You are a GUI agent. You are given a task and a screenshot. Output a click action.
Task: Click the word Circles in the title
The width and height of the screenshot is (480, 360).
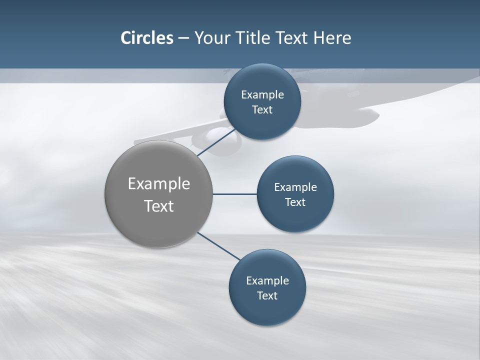(147, 38)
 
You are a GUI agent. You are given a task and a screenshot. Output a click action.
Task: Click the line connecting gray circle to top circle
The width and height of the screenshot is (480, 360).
(216, 142)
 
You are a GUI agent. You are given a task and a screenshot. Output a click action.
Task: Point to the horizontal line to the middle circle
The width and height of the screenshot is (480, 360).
(234, 194)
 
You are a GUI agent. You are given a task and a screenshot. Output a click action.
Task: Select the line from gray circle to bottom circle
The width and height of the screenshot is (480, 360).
(218, 245)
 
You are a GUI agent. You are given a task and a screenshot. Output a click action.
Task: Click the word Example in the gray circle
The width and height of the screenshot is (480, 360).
(159, 184)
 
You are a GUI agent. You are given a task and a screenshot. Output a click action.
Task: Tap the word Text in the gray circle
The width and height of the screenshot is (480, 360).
(159, 206)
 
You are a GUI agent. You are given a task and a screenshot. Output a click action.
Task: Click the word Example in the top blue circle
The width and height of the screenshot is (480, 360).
(262, 95)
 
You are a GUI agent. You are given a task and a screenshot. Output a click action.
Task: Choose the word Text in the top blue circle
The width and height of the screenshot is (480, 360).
(262, 110)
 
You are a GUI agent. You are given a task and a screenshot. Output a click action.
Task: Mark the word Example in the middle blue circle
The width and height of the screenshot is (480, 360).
(295, 187)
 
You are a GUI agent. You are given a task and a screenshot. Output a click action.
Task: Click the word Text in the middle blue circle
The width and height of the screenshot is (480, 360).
(295, 202)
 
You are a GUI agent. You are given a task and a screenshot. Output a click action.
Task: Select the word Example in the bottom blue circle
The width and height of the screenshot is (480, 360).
(267, 281)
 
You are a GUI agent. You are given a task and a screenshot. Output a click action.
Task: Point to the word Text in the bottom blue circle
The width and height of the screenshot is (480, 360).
(267, 296)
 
